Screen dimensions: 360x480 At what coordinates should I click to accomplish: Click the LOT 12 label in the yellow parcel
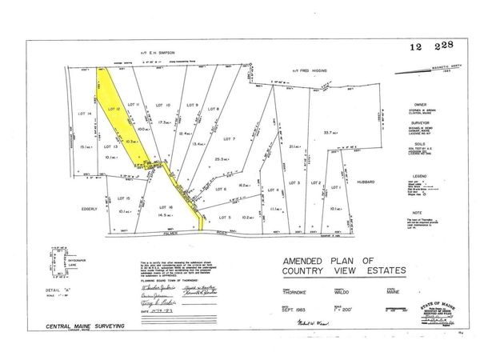[x=113, y=108]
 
